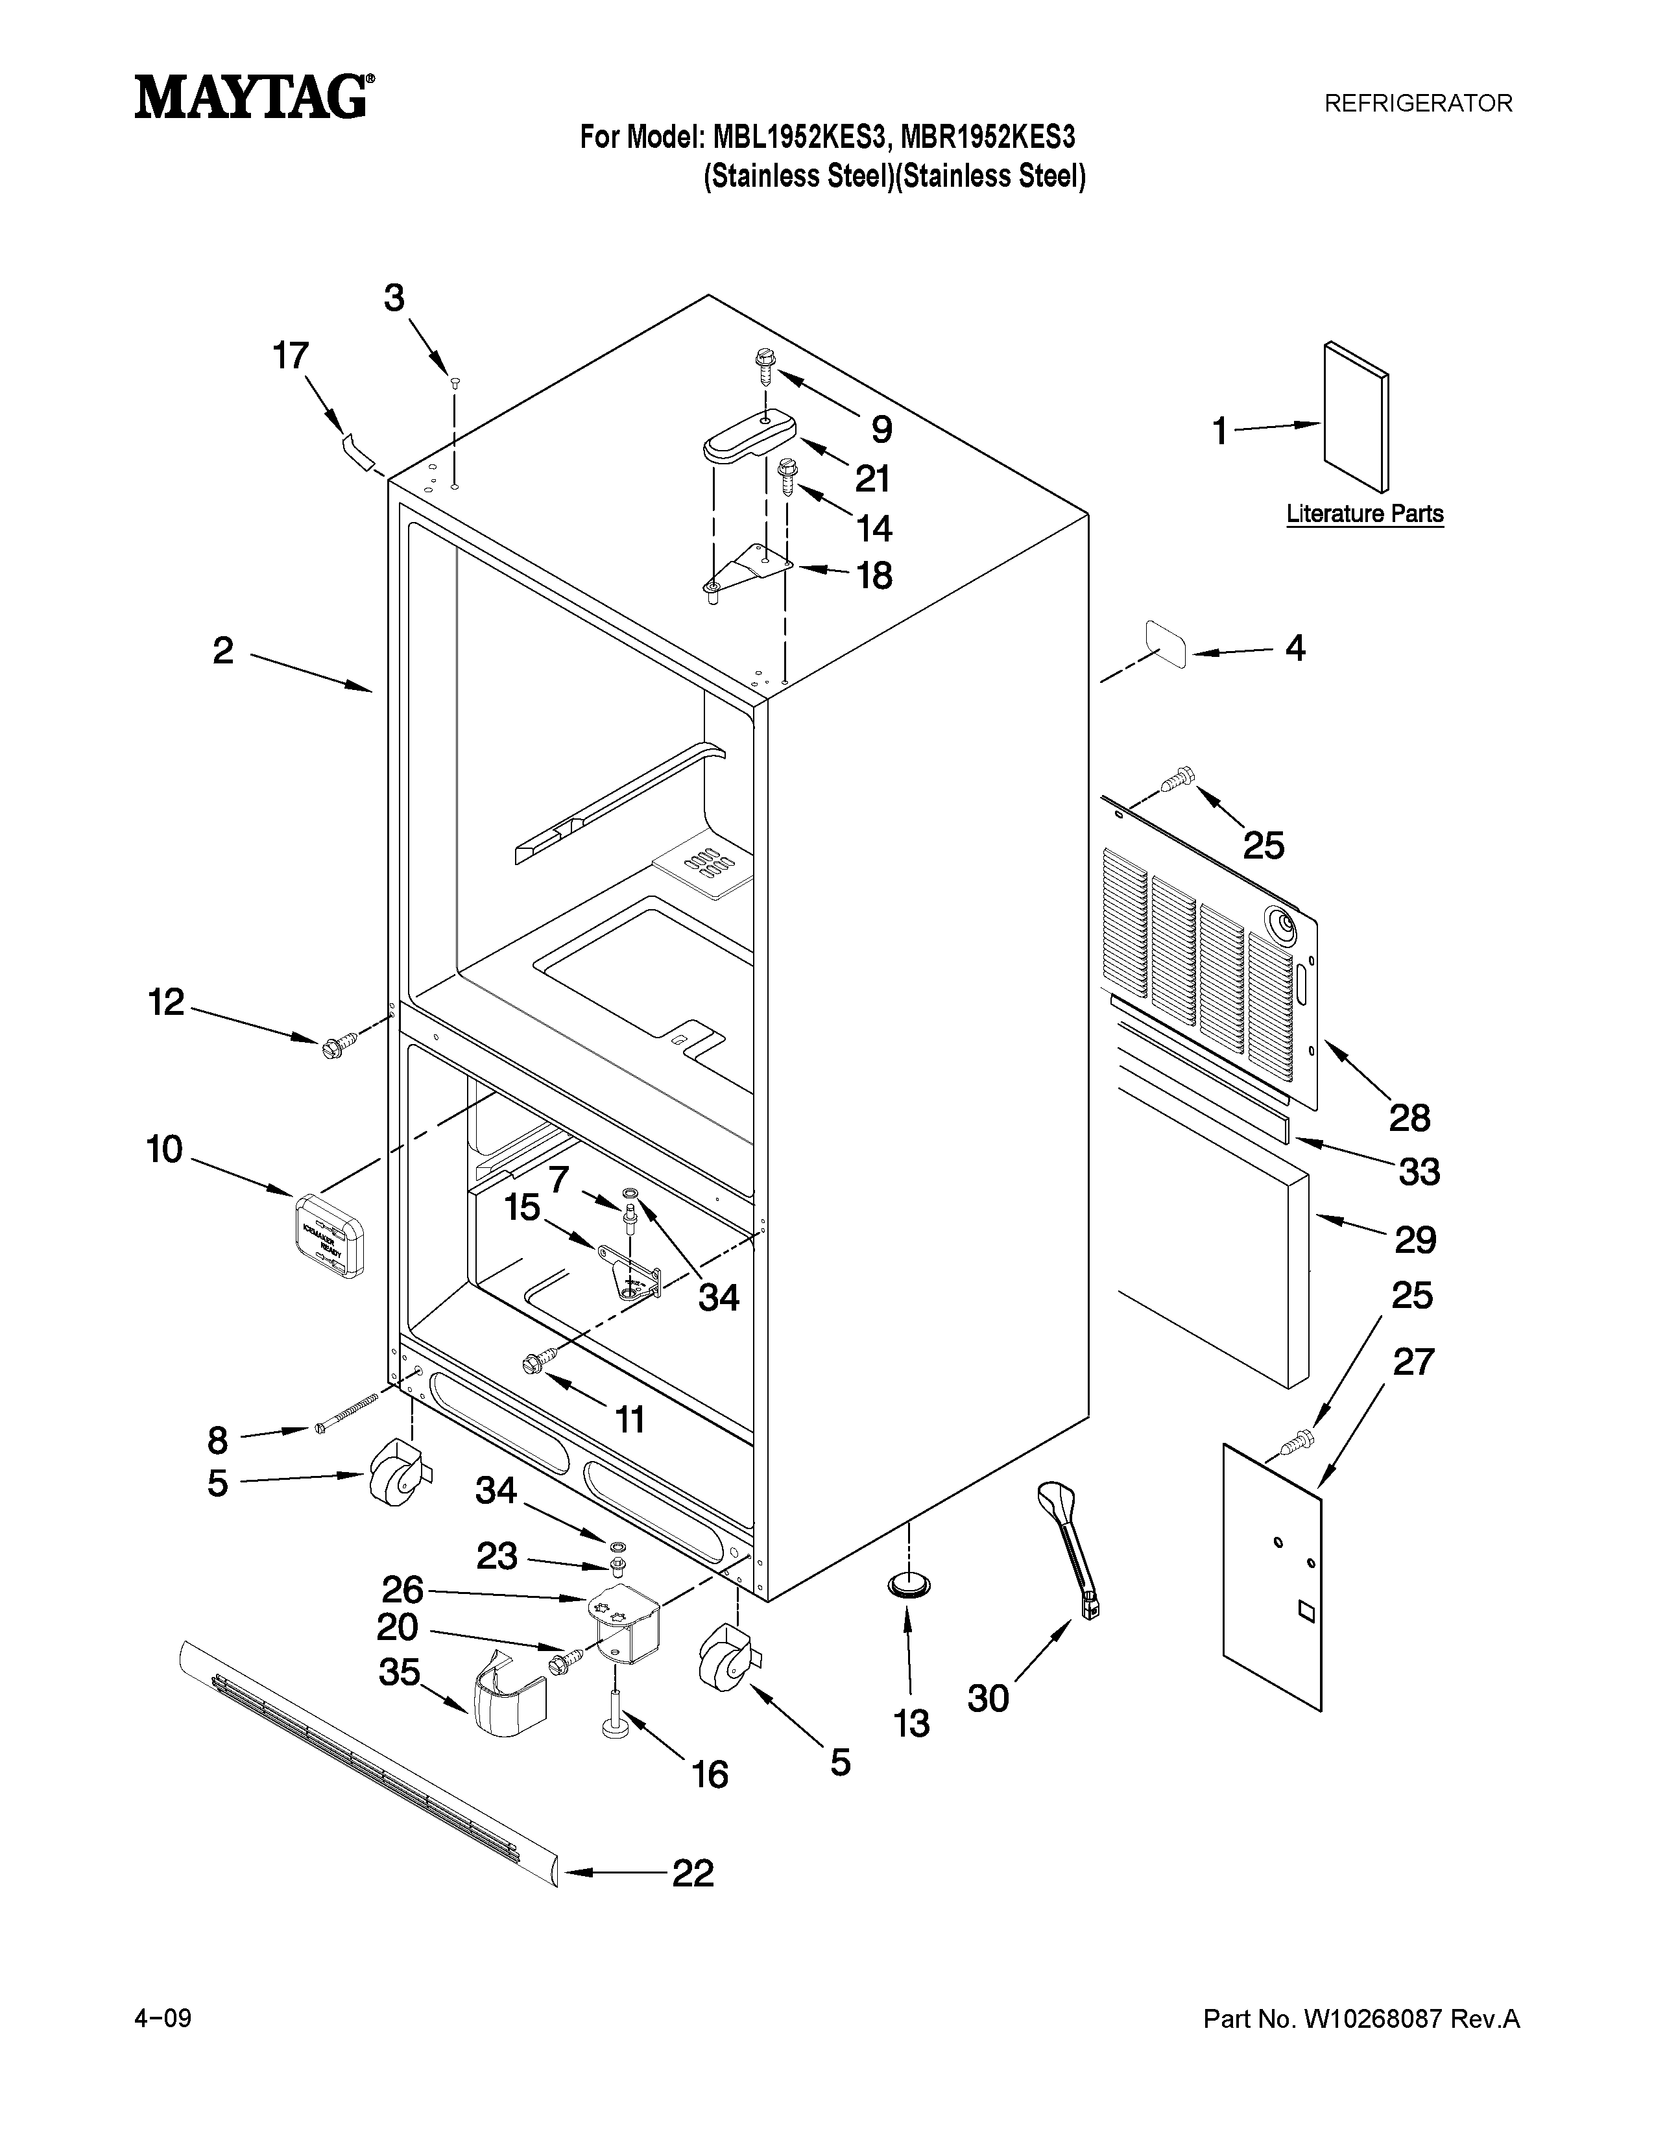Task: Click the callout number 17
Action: [291, 355]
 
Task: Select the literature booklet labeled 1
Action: [1355, 416]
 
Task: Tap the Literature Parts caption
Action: [1364, 514]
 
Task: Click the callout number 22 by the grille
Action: [693, 1873]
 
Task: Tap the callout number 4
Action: [1295, 648]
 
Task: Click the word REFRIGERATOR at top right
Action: [1418, 103]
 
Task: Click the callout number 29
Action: [1415, 1239]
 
